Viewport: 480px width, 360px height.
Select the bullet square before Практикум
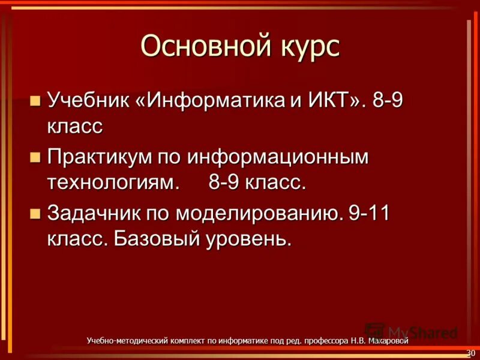35,157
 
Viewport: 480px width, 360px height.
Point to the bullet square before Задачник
35,212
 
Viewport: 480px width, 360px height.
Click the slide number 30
470,352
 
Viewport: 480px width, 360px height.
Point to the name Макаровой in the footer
388,341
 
